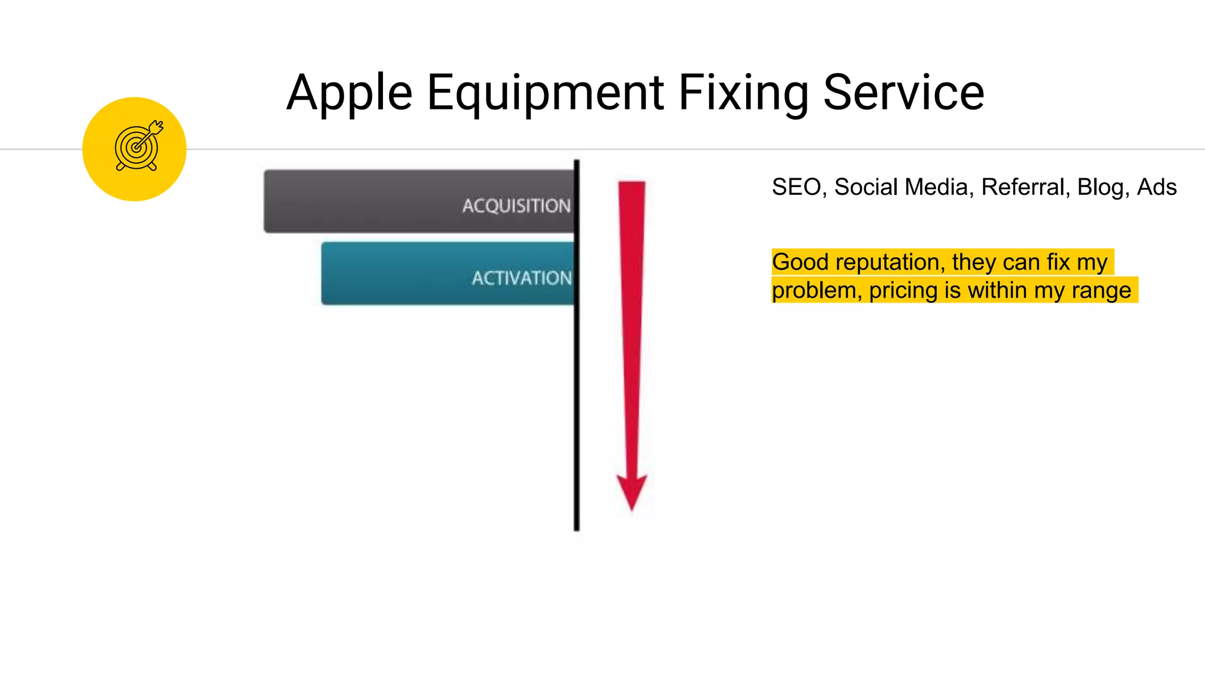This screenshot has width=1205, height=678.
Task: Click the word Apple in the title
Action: coord(349,93)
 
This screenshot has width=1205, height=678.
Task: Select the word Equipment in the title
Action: coord(545,93)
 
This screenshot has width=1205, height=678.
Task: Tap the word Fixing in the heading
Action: coord(744,93)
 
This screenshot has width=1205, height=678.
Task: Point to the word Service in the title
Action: coord(904,93)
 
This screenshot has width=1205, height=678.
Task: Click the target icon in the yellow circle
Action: coord(138,147)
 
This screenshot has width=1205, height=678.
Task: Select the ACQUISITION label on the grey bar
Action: coord(516,205)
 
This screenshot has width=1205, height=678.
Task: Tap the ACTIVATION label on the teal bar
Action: coord(521,278)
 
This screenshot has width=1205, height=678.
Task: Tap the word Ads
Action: coord(1157,187)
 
